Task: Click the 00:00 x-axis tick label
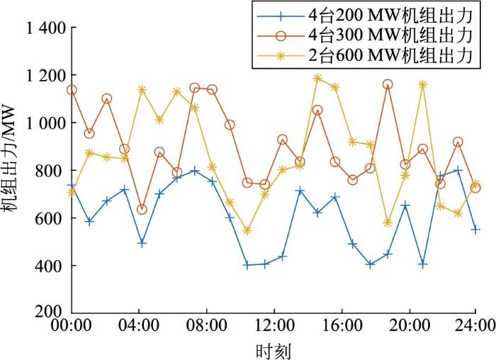(x=71, y=327)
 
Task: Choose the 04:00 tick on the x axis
(x=139, y=327)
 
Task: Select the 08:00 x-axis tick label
(x=207, y=327)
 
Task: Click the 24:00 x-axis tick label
(x=475, y=327)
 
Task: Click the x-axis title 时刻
(x=274, y=350)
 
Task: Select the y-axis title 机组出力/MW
(x=13, y=171)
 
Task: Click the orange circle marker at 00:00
(x=72, y=90)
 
